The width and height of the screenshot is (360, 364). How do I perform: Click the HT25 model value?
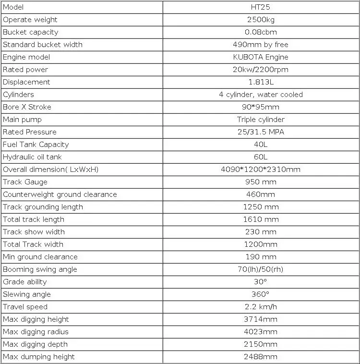pos(261,7)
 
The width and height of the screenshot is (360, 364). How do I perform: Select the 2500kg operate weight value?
pos(261,20)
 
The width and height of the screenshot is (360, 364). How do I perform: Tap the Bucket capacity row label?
pos(31,32)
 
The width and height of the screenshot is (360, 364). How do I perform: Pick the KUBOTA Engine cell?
pos(261,57)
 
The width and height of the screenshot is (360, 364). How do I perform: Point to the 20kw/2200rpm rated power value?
pos(261,70)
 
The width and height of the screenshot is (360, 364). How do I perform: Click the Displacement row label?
pos(26,82)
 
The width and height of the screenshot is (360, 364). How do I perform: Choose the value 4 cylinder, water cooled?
pos(261,95)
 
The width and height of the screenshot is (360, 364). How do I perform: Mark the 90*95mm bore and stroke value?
pos(261,107)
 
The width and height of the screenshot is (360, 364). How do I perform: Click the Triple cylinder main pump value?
pos(261,120)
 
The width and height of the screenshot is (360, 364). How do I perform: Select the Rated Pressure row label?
pos(30,132)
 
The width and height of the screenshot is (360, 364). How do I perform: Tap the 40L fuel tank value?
pos(261,145)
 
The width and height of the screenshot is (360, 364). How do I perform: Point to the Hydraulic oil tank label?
pos(32,157)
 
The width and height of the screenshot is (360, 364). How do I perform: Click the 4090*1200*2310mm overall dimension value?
pos(261,170)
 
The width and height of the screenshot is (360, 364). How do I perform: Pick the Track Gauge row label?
pos(25,182)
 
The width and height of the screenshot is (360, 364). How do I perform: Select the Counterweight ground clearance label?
pos(60,194)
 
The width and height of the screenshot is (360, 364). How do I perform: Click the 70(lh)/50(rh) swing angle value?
pos(261,269)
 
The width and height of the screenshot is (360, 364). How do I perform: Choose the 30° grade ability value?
pos(261,282)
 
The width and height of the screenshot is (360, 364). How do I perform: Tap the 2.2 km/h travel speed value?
pos(261,307)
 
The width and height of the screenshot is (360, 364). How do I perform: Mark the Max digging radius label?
pos(36,332)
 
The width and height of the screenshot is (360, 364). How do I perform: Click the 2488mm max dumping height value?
pos(261,357)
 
